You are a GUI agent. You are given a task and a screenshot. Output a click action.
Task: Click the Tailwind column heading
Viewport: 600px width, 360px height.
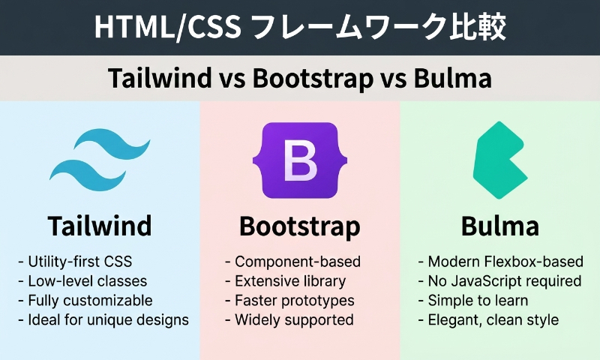pos(100,226)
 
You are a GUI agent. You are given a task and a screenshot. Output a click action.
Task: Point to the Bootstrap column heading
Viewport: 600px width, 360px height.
pos(299,226)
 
